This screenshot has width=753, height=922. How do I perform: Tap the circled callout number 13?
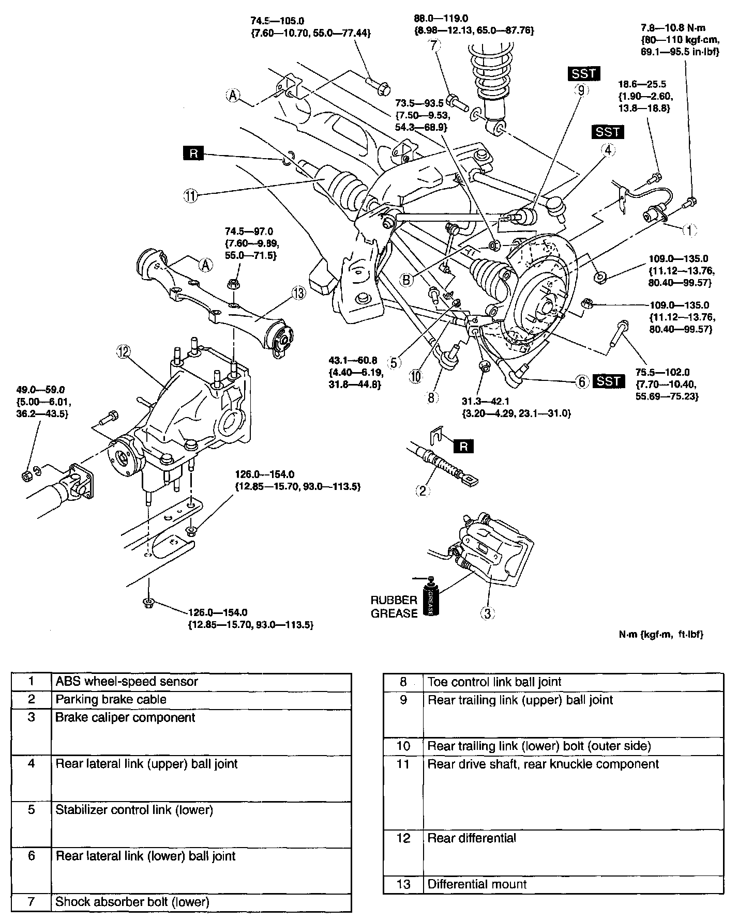298,293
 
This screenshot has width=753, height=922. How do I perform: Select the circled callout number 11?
191,195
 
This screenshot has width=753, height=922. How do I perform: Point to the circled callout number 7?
434,45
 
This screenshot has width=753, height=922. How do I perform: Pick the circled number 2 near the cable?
423,490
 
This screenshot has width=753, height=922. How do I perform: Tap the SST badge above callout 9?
584,74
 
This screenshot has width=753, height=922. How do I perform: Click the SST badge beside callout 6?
609,381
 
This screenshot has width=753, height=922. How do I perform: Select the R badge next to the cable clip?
463,446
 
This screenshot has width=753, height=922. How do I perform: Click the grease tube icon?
430,596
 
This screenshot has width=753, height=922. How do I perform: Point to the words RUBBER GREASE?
394,607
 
